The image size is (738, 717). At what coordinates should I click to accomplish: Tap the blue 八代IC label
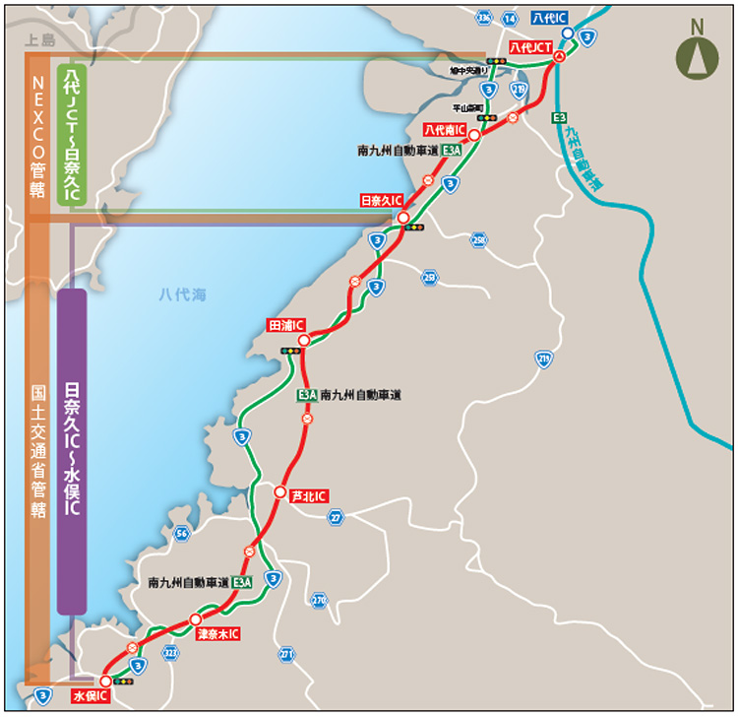coord(548,19)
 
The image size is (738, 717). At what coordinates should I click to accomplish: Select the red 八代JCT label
coord(528,47)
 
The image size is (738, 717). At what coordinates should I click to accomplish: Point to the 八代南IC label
coord(444,130)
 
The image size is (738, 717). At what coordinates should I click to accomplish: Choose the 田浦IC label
coord(286,325)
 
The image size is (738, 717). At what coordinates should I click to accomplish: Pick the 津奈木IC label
coord(217,633)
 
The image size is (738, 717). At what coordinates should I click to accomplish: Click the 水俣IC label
coord(89,696)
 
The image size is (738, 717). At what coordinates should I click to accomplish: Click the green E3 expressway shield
coord(559,118)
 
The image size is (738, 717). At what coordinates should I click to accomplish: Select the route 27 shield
coord(337,517)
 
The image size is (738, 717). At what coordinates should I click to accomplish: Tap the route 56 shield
coord(181,534)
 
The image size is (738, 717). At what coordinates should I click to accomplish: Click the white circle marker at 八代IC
coord(568,33)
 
